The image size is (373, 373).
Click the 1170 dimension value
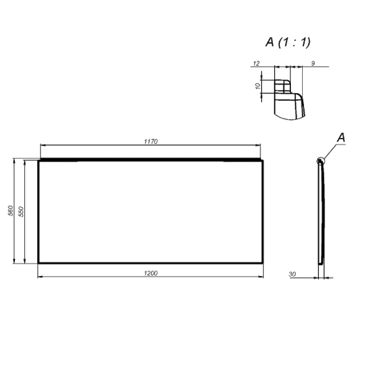click(151, 142)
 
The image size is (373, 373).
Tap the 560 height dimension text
click(11, 211)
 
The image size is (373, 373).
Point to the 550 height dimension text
click(22, 211)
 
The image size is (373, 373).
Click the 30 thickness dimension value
click(292, 274)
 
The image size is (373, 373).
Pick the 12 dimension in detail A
click(256, 63)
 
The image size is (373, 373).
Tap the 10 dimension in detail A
click(258, 86)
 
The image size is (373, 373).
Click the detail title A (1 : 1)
click(288, 42)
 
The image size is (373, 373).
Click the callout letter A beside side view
click(340, 136)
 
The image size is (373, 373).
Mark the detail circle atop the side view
click(320, 161)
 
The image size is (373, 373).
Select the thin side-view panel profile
click(321, 211)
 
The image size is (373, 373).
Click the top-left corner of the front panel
click(39, 161)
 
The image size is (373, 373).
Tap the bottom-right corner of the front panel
click(264, 264)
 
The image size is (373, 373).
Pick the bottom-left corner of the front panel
click(39, 264)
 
